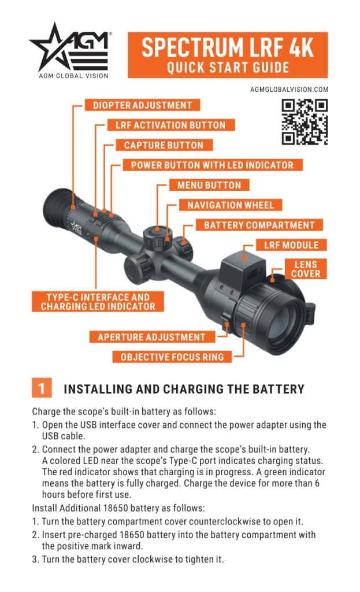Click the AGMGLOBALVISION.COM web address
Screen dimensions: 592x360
point(289,90)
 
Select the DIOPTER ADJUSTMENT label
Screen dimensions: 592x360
point(142,105)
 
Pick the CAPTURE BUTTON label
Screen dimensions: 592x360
point(164,145)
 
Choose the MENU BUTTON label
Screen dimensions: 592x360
point(209,186)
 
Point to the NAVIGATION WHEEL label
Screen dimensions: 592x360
point(230,205)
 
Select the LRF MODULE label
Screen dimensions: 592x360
point(291,245)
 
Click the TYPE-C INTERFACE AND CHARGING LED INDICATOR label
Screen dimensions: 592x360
point(98,302)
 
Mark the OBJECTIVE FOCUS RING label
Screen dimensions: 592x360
point(172,357)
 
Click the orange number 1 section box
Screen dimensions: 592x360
point(41,388)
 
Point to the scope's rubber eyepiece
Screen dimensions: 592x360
point(58,207)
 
